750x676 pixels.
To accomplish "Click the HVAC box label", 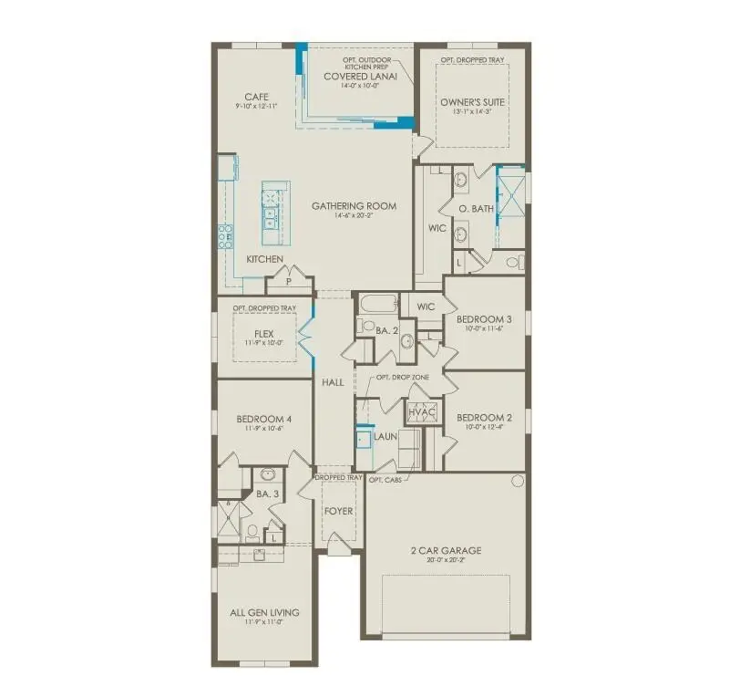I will pyautogui.click(x=423, y=411).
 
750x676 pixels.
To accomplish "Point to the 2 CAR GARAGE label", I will pyautogui.click(x=445, y=550).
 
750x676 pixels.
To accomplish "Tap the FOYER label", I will pyautogui.click(x=339, y=511).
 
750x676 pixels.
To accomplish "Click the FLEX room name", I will pyautogui.click(x=264, y=334).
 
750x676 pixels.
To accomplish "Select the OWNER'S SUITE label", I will pyautogui.click(x=471, y=102).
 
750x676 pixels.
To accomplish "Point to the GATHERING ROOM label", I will pyautogui.click(x=354, y=206).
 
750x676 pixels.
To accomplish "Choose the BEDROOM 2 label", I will pyautogui.click(x=484, y=418).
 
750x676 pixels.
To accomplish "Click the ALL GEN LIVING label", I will pyautogui.click(x=264, y=612).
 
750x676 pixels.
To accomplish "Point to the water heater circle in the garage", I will pyautogui.click(x=517, y=481).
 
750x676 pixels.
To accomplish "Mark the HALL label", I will pyautogui.click(x=333, y=382).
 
